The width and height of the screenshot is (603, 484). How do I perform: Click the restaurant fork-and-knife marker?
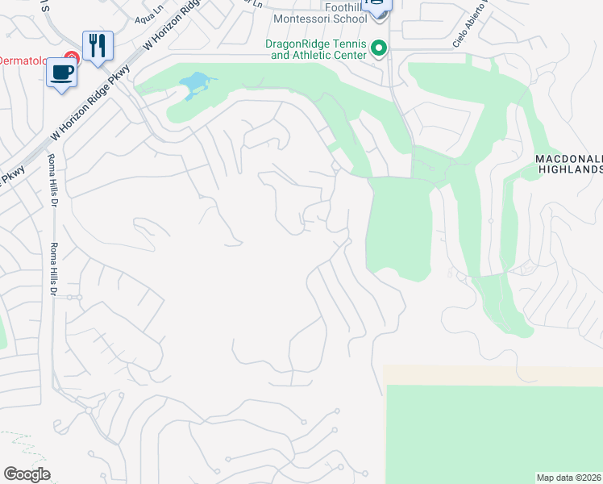(98, 44)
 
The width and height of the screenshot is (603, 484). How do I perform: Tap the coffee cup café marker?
(61, 73)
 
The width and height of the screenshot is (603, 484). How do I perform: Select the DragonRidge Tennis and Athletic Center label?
(317, 50)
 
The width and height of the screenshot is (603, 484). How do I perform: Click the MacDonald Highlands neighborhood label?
(569, 165)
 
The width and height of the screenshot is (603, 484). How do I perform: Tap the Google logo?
(27, 474)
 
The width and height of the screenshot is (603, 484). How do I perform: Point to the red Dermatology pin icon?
(72, 56)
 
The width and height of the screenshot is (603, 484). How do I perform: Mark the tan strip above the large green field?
(492, 374)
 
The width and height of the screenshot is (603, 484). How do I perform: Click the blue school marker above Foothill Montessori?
(376, 5)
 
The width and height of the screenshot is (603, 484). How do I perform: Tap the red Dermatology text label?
(29, 60)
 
